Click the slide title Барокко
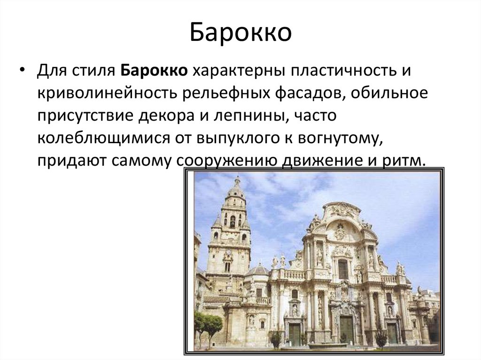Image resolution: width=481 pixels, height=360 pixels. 240,33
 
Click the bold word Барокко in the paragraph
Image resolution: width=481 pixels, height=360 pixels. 155,72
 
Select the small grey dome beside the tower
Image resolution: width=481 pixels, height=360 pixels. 259,269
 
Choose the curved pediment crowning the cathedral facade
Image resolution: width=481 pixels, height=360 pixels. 341,210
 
